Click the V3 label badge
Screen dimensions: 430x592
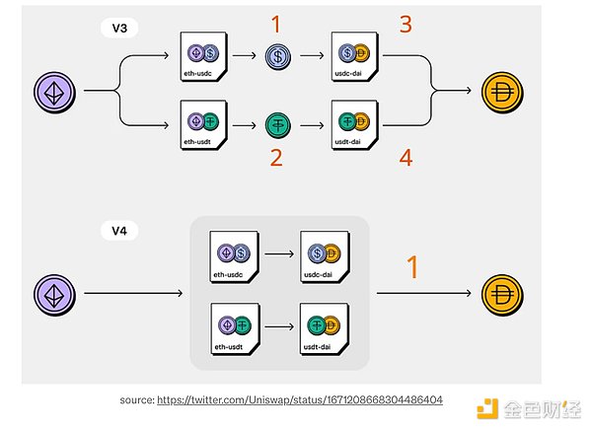(118, 28)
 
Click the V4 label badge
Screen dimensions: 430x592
(118, 233)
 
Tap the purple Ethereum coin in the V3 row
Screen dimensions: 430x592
(58, 92)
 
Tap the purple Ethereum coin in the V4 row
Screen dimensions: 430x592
(58, 293)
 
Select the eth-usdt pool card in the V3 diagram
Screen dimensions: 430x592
(205, 125)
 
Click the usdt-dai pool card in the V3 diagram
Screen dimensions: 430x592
(354, 125)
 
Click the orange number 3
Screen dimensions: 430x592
(405, 25)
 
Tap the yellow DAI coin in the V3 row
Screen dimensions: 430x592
(504, 92)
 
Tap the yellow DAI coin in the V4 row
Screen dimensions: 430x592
(504, 293)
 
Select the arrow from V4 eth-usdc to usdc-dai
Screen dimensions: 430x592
(279, 252)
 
